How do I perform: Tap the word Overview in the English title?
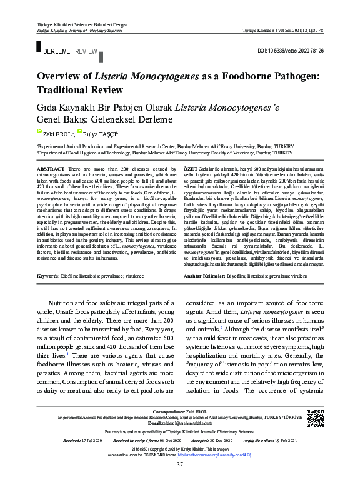pyautogui.click(x=64, y=76)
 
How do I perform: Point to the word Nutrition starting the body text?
pyautogui.click(x=65, y=303)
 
